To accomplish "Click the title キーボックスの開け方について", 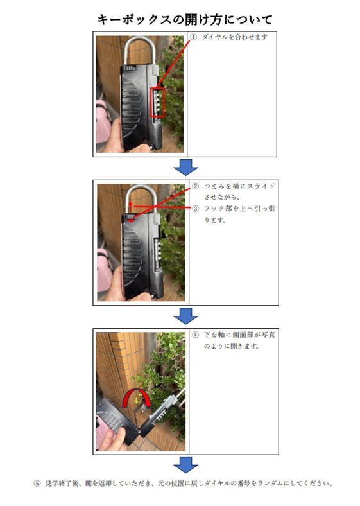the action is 185,19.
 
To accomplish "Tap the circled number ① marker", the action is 193,37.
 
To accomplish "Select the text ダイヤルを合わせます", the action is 235,37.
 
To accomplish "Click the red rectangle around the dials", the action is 158,102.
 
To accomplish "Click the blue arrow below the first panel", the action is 186,167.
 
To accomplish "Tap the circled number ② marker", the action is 196,186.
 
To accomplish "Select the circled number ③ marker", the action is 196,209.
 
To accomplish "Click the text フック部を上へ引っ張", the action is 239,209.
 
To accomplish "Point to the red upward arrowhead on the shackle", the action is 130,204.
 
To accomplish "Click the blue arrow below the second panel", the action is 186,316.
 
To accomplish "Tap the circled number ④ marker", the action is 196,335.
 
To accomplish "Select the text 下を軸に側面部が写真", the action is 239,335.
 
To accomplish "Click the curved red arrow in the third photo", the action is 136,391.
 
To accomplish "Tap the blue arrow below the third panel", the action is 186,465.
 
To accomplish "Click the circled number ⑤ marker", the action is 37,484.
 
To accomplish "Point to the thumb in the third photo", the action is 119,433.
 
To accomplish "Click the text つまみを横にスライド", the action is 239,186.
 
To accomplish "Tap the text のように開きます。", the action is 232,346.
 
